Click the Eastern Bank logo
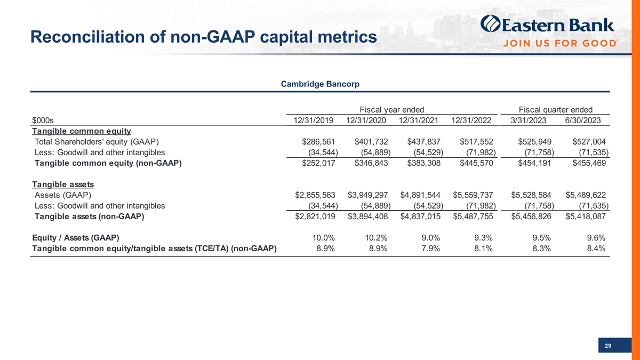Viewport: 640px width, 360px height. [x=547, y=25]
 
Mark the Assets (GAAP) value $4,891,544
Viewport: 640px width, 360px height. [x=420, y=195]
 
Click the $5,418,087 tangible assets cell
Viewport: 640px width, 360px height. [x=586, y=217]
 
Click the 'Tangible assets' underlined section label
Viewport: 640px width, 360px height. [x=63, y=185]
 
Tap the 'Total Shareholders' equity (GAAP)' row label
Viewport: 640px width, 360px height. [x=96, y=142]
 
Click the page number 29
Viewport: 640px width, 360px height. [x=608, y=347]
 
